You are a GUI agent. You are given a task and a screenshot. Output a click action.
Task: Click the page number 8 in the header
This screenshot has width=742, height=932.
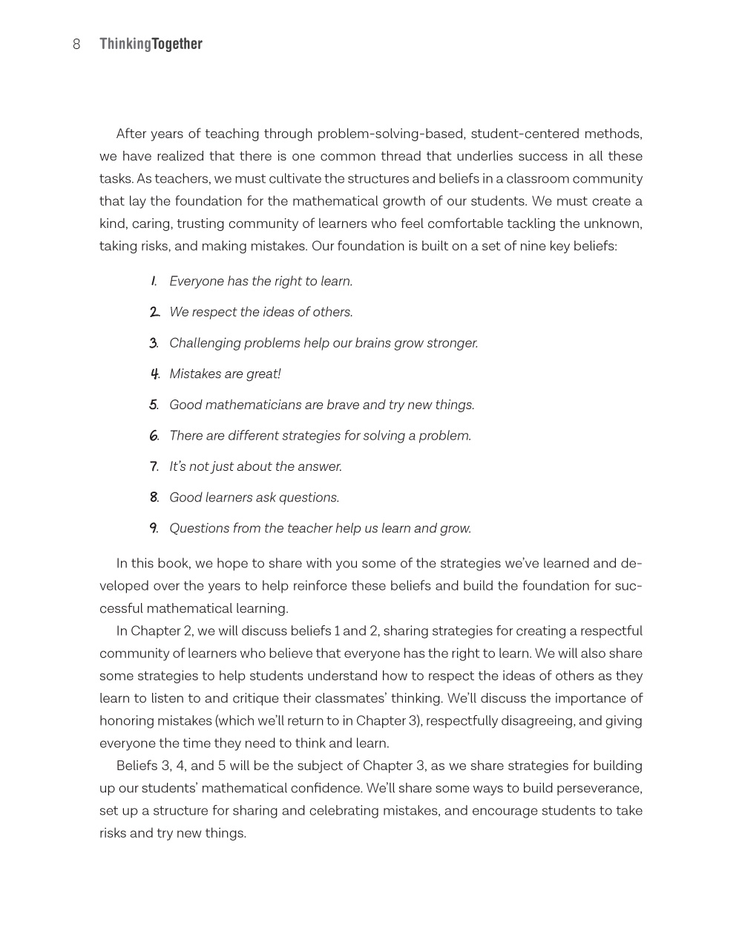(76, 45)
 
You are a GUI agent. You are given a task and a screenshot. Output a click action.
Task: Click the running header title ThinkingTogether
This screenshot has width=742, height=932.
(151, 45)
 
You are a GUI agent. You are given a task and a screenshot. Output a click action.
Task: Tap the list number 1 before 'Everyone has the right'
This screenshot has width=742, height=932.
(154, 281)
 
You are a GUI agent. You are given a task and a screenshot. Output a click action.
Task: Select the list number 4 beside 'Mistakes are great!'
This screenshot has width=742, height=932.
(154, 374)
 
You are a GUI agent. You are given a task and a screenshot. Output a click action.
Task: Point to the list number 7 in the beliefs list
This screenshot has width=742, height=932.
(154, 467)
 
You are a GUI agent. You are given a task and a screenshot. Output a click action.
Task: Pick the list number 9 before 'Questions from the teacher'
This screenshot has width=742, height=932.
(154, 529)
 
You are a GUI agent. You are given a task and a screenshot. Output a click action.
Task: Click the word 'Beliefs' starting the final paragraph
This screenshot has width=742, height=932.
(137, 766)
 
